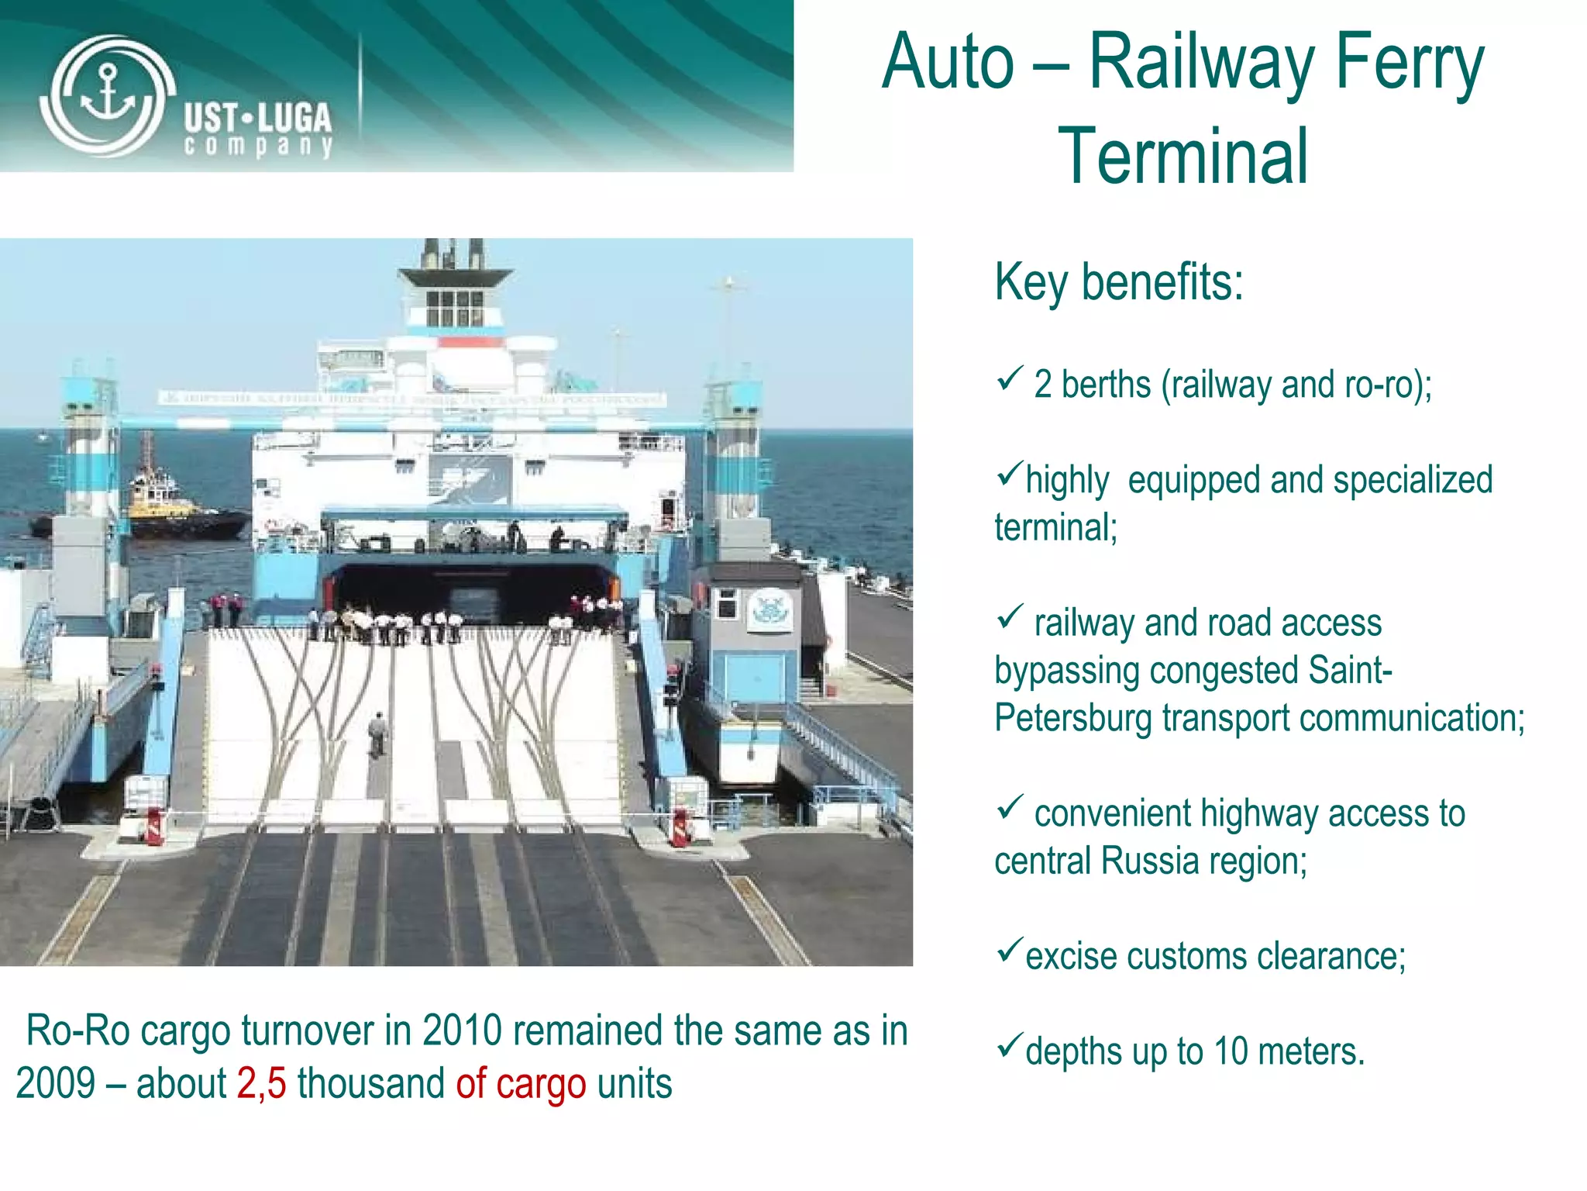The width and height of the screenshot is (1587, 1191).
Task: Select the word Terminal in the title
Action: point(1183,157)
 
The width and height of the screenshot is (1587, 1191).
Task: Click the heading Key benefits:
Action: point(1118,282)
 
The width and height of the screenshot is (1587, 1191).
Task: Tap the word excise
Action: point(1072,957)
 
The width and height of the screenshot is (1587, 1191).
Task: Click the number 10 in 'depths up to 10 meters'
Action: point(1231,1052)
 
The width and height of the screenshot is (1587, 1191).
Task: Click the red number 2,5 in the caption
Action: point(261,1084)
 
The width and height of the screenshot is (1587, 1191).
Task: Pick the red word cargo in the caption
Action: point(540,1084)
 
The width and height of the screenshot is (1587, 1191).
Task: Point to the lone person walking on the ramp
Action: point(377,733)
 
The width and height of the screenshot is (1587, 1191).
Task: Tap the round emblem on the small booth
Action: point(769,609)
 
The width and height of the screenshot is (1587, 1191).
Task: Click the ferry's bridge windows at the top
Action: point(455,308)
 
